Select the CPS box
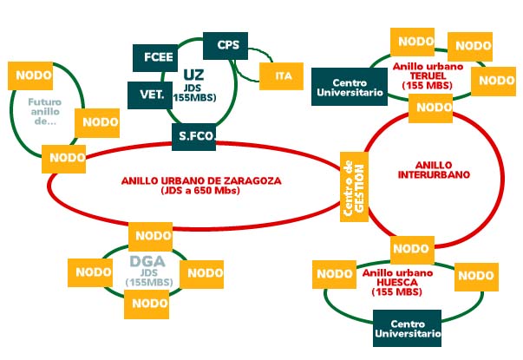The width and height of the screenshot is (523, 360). [x=227, y=45]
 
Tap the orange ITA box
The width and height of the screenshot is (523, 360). [x=283, y=75]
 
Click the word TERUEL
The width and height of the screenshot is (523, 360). [x=418, y=75]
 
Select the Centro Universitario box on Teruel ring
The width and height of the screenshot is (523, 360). [x=348, y=86]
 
